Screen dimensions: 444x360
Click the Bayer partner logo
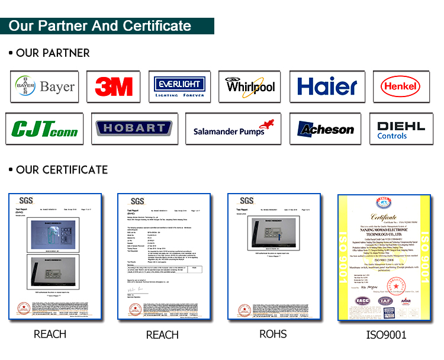point(45,87)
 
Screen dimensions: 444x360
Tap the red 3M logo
point(113,87)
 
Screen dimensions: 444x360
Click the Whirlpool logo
point(250,87)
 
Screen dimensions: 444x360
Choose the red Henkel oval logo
point(402,87)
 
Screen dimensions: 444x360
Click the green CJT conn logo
point(45,128)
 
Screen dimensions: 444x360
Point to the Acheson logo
point(325,128)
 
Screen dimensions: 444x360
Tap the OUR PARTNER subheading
point(53,53)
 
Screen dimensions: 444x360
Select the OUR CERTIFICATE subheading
point(62,170)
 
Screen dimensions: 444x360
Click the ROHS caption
point(273,334)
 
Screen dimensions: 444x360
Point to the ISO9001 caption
point(387,335)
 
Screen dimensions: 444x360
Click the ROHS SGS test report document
point(273,258)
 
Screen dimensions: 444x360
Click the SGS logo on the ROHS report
point(246,201)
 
